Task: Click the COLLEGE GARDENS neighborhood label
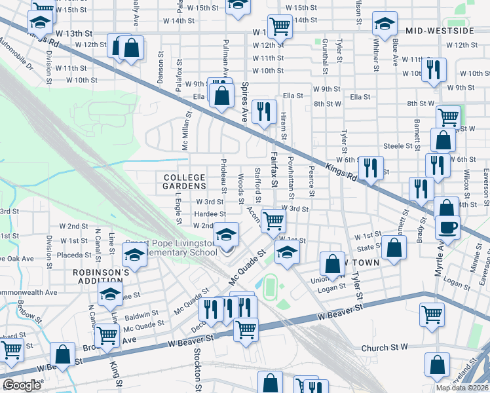[x=184, y=181]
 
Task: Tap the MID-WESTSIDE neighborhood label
[x=449, y=31]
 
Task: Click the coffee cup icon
[x=447, y=227]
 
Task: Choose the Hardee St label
[x=210, y=214]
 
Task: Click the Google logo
[x=22, y=385]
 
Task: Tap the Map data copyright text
[x=462, y=388]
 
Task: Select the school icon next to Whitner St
[x=385, y=24]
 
